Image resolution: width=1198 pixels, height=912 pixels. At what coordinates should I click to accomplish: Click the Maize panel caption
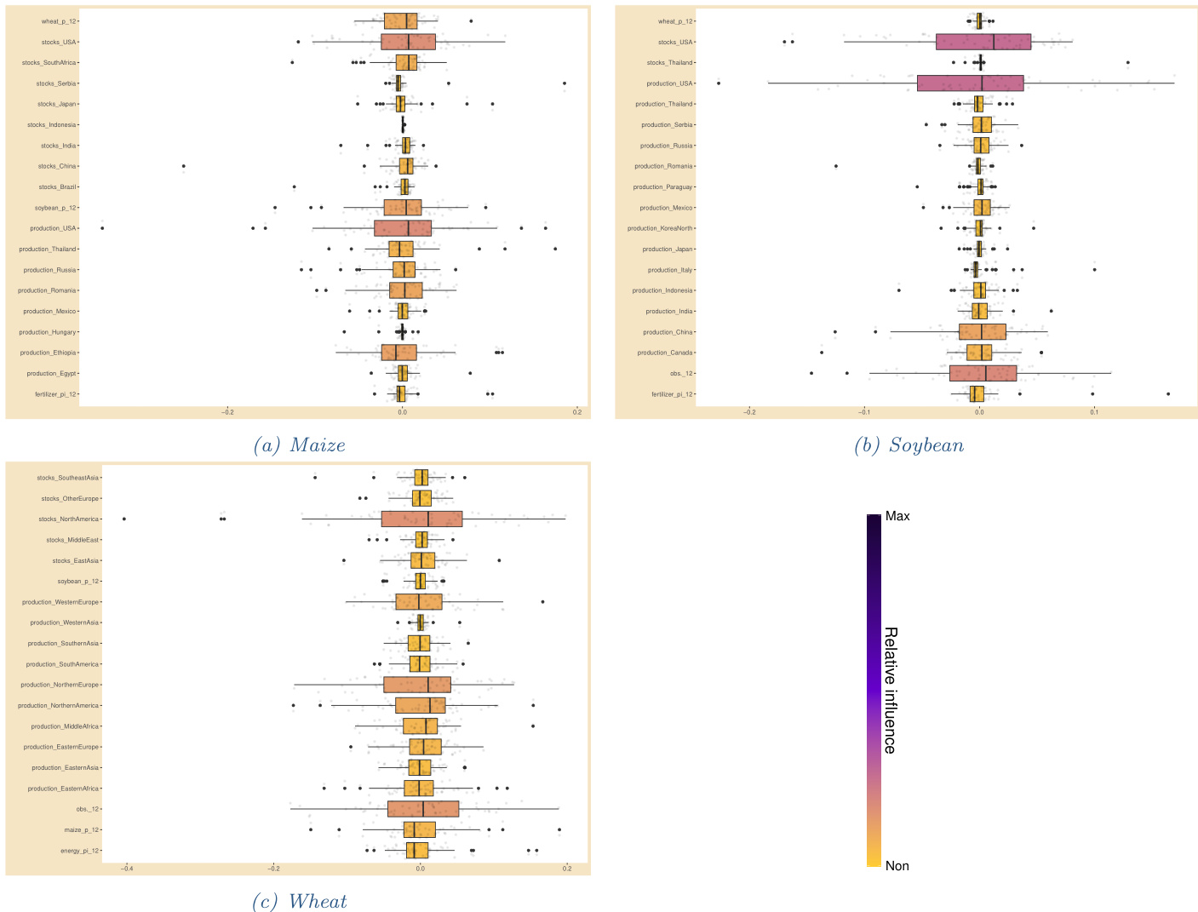300,445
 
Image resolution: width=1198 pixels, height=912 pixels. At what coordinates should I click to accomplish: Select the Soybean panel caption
909,445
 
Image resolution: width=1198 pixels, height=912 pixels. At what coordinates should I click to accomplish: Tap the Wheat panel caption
300,902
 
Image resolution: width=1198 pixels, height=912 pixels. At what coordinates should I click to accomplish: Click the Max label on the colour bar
897,516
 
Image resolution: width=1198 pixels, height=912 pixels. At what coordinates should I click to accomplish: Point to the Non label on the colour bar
897,866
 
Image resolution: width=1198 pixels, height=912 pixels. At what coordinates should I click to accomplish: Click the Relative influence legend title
891,691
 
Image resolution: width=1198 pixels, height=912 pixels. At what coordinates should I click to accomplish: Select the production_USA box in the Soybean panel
970,83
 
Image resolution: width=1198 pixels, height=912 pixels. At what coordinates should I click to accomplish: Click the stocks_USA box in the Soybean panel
983,42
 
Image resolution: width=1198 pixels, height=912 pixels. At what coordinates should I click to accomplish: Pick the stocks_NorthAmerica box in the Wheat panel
421,519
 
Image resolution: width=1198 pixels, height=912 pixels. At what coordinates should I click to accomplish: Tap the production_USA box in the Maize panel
403,228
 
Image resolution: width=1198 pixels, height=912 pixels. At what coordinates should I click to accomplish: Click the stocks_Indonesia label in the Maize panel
52,125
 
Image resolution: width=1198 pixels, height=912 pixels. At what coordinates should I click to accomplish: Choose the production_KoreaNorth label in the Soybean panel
660,228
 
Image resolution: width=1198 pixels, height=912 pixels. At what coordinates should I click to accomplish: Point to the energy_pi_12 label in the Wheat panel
80,851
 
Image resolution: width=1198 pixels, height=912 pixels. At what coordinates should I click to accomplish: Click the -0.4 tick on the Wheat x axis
126,869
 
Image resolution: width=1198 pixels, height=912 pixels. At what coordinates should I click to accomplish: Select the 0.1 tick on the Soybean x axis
1094,412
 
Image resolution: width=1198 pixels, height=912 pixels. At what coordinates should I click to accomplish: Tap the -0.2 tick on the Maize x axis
227,412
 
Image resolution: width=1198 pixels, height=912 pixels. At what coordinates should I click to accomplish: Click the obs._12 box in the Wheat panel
423,809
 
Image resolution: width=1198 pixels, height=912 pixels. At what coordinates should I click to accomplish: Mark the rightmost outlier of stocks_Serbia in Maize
565,83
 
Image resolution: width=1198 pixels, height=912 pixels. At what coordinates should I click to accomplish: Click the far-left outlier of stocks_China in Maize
183,166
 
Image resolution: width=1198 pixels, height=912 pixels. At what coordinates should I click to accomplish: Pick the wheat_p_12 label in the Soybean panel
675,21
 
